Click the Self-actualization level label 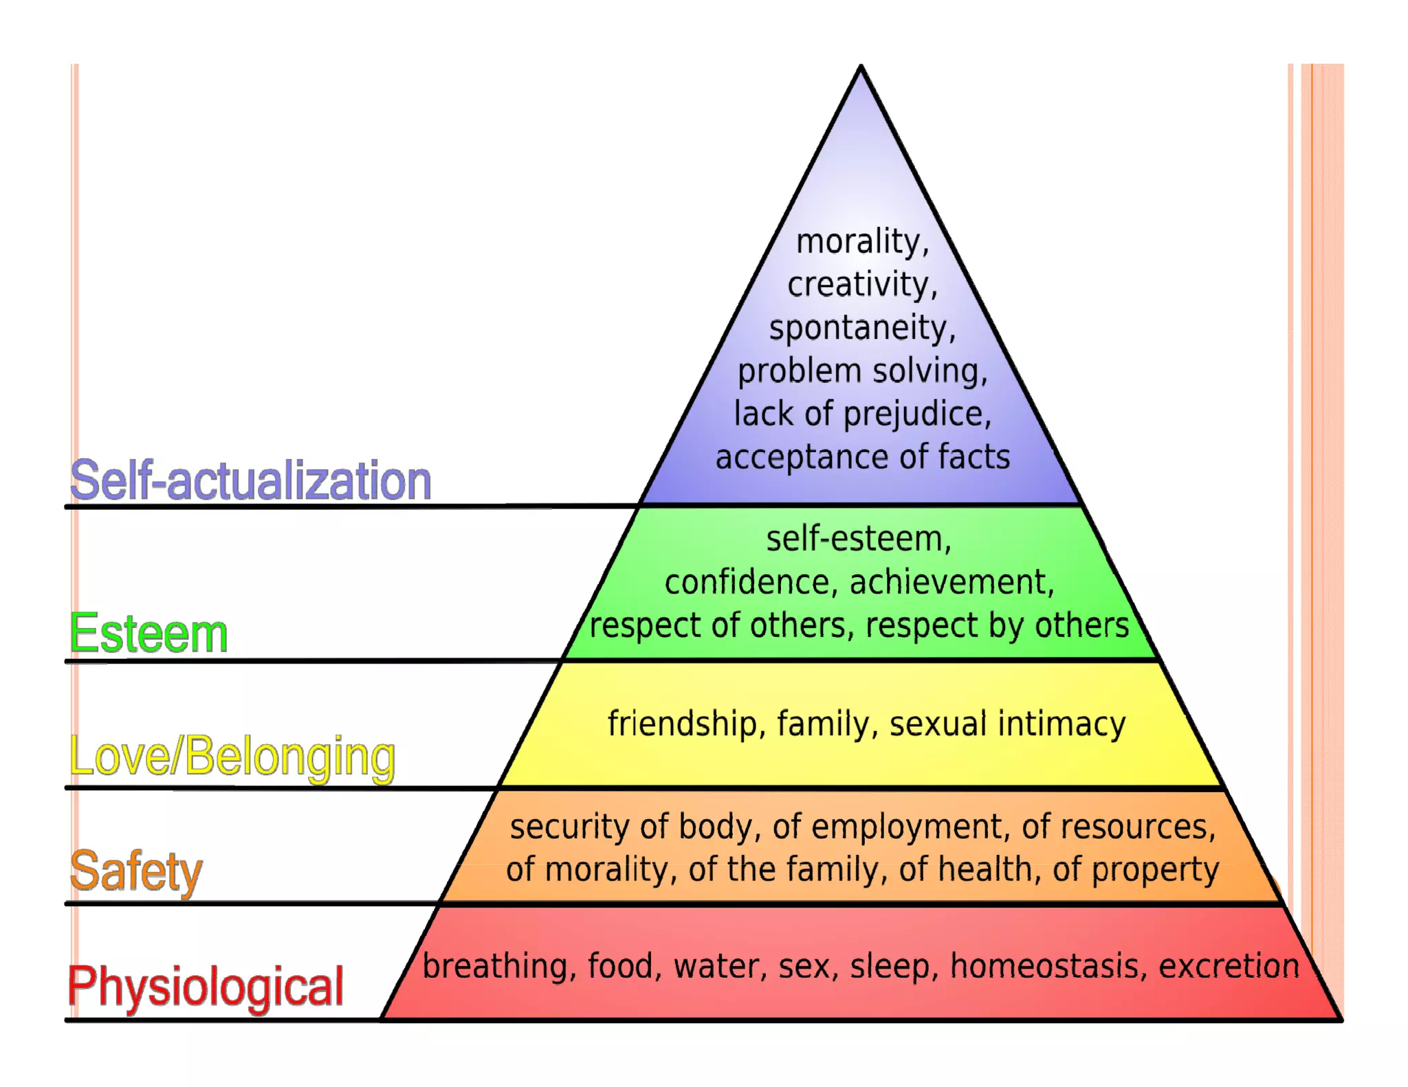[250, 480]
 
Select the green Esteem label [148, 634]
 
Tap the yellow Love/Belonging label [232, 757]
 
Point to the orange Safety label [136, 871]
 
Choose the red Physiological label [206, 987]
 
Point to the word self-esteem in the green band [857, 539]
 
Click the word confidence [748, 583]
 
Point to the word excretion [1229, 967]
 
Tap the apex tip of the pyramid [861, 68]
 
